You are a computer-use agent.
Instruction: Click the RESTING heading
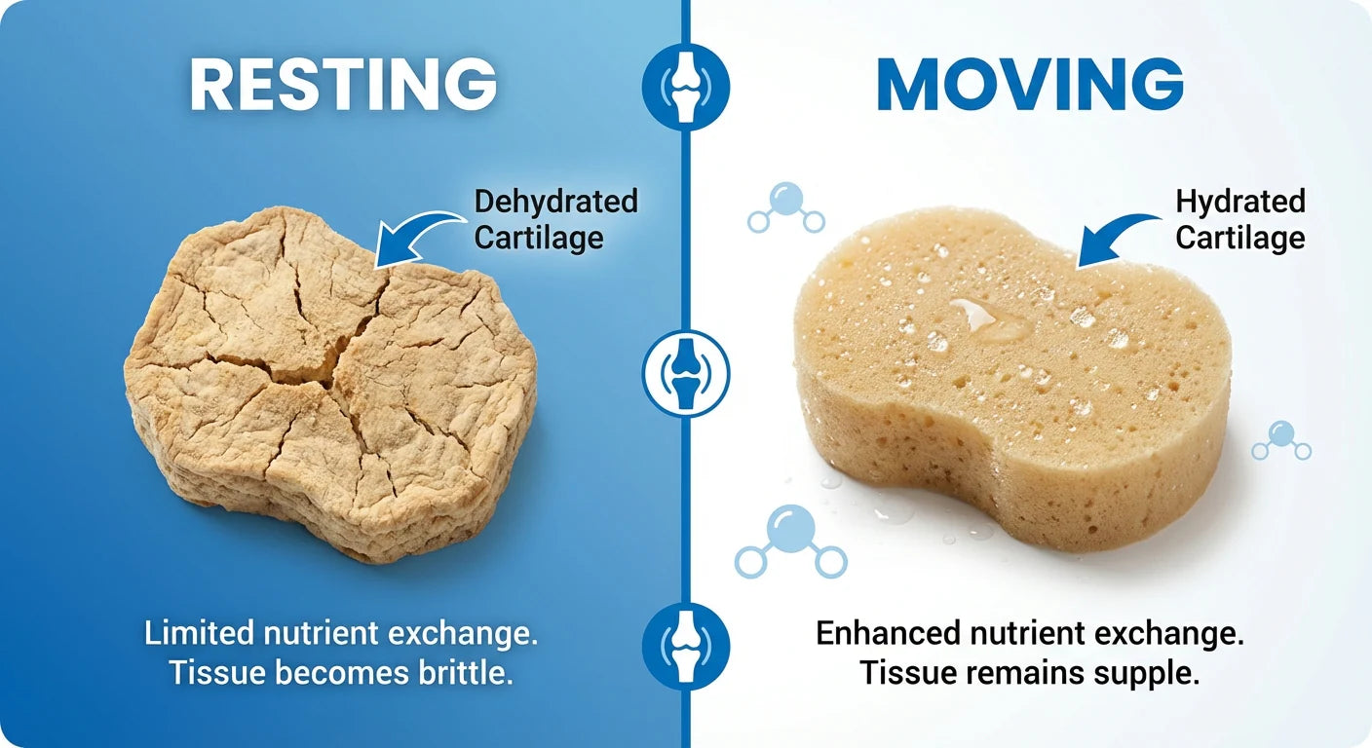343,84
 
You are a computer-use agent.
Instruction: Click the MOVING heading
1030,84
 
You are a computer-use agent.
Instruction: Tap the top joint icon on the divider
686,87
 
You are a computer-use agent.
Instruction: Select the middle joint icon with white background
686,373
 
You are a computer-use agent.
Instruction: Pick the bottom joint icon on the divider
686,647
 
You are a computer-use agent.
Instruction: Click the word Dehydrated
556,202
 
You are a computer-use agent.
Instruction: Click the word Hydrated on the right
1240,202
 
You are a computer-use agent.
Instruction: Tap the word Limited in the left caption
199,632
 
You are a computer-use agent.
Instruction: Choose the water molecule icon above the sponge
785,208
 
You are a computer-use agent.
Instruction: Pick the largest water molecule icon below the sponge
790,542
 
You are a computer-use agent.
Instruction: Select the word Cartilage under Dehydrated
539,238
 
